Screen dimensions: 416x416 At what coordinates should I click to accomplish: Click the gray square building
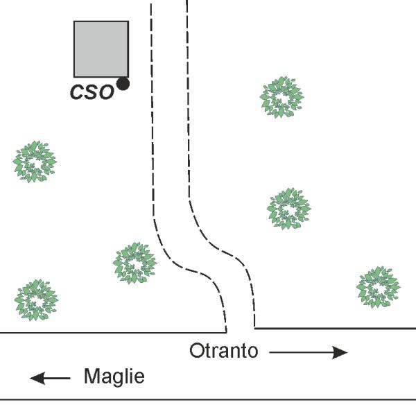pos(101,49)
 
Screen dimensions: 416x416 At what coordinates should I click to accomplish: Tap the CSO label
pos(92,92)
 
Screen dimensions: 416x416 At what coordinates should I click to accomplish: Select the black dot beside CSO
pos(123,84)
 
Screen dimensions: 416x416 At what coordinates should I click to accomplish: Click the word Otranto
pos(224,351)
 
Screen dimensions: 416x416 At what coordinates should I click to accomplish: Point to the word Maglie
pos(114,376)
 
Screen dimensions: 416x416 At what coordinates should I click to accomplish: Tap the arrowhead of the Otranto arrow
pos(340,352)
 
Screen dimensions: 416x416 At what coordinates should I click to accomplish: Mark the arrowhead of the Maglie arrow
pos(37,378)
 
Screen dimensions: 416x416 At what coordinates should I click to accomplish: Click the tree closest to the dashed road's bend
pos(135,263)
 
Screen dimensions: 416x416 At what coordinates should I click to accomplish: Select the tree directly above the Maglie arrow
pos(36,300)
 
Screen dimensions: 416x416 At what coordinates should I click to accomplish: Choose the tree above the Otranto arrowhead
pos(378,288)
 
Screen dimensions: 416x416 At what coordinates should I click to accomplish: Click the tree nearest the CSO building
pos(35,162)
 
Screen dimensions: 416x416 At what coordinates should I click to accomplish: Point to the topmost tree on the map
pos(281,97)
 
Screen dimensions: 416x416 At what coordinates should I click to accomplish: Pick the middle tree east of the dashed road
pos(289,209)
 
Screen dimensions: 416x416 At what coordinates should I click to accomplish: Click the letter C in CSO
pos(77,92)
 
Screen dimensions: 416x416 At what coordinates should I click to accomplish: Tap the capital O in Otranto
pos(196,351)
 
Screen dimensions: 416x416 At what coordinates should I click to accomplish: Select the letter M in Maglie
pos(92,376)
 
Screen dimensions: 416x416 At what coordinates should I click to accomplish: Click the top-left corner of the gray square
pos(74,21)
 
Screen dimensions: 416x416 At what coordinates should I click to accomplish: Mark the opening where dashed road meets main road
pos(241,330)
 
